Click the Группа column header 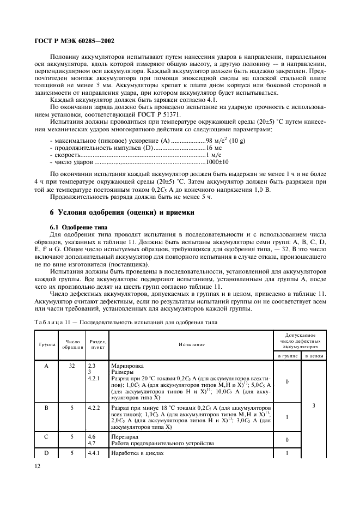(46, 344)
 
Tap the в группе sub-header (286, 356)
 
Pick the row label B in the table (46, 406)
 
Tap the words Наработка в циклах (137, 453)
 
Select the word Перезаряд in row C (125, 436)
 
